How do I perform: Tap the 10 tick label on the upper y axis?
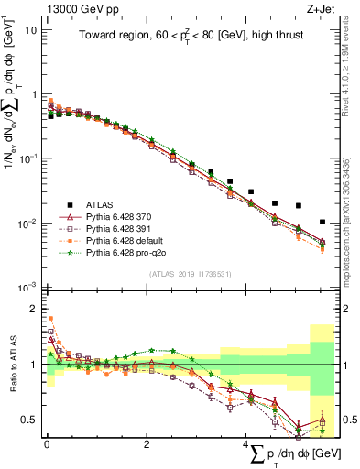28,29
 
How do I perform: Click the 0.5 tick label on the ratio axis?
28,420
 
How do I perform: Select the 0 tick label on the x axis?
47,445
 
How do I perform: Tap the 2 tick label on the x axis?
147,445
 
